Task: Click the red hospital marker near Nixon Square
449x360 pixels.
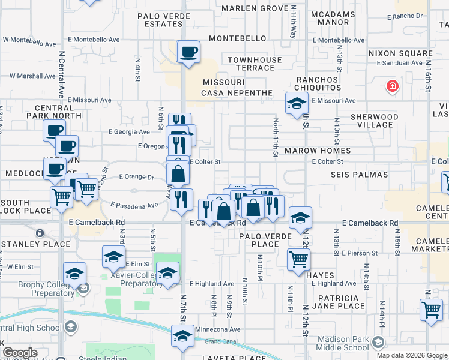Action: tap(393, 86)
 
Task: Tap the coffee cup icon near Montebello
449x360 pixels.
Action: tap(188, 52)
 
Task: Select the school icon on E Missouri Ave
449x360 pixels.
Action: tap(296, 105)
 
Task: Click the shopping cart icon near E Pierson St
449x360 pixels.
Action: tap(298, 259)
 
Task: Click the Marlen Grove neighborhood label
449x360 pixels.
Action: tap(255, 8)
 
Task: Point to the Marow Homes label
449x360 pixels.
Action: tap(318, 151)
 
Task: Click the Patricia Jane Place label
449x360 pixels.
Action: tap(334, 302)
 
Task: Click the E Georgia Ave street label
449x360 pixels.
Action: tap(129, 132)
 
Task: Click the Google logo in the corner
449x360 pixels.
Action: tap(20, 353)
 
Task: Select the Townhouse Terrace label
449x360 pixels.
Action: tap(255, 64)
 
